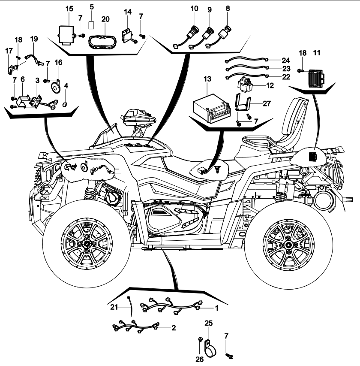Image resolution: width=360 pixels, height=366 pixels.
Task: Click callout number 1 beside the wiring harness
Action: click(216, 308)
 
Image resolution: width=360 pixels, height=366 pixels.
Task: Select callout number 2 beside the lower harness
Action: click(173, 328)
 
